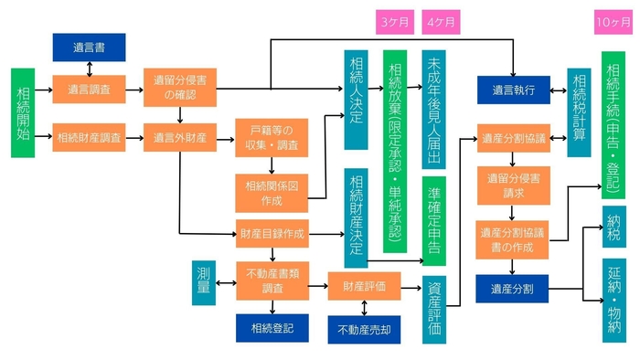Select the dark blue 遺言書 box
coord(89,48)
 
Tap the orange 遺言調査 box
coord(89,90)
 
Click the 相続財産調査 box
coord(89,138)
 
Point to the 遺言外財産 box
coord(179,138)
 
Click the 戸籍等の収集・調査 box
coord(272,137)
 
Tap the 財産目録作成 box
coord(272,235)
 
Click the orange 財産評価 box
coord(364,286)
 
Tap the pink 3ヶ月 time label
coord(395,21)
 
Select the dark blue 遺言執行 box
coord(513,90)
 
